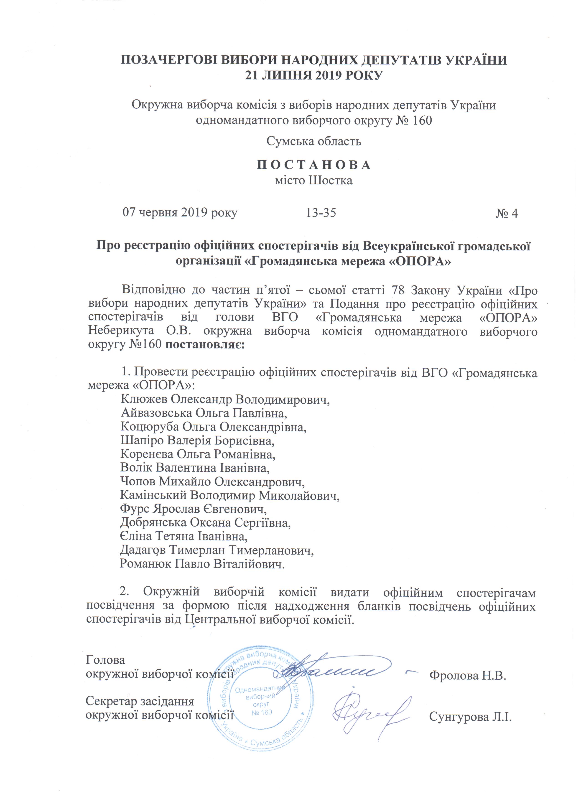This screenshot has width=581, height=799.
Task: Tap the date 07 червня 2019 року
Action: coord(180,213)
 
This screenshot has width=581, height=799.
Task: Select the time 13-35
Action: coord(321,213)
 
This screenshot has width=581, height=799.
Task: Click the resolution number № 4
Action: coord(507,214)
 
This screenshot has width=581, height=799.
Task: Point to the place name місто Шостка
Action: coord(313,181)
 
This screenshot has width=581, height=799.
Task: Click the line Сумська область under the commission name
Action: coord(313,141)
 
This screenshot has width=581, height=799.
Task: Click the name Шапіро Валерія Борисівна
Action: coord(197,441)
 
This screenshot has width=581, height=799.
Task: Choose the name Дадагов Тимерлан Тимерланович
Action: coord(217,550)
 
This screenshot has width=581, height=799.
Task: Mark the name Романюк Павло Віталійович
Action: coord(202,564)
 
